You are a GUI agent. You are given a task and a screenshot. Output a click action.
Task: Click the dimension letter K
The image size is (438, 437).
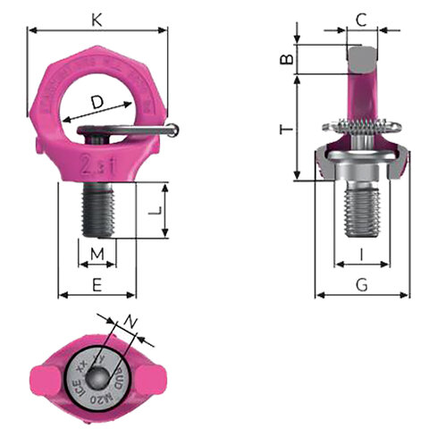(x=97, y=16)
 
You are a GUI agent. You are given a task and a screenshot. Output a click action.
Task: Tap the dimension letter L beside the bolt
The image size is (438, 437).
(x=154, y=211)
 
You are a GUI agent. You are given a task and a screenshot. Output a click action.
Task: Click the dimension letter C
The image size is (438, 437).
(x=360, y=19)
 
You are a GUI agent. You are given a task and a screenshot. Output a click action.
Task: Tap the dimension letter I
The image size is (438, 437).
(x=361, y=256)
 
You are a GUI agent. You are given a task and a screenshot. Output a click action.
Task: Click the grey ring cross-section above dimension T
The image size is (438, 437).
(x=361, y=60)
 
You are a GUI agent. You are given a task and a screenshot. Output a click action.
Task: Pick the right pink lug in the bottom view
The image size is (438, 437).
(x=153, y=374)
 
